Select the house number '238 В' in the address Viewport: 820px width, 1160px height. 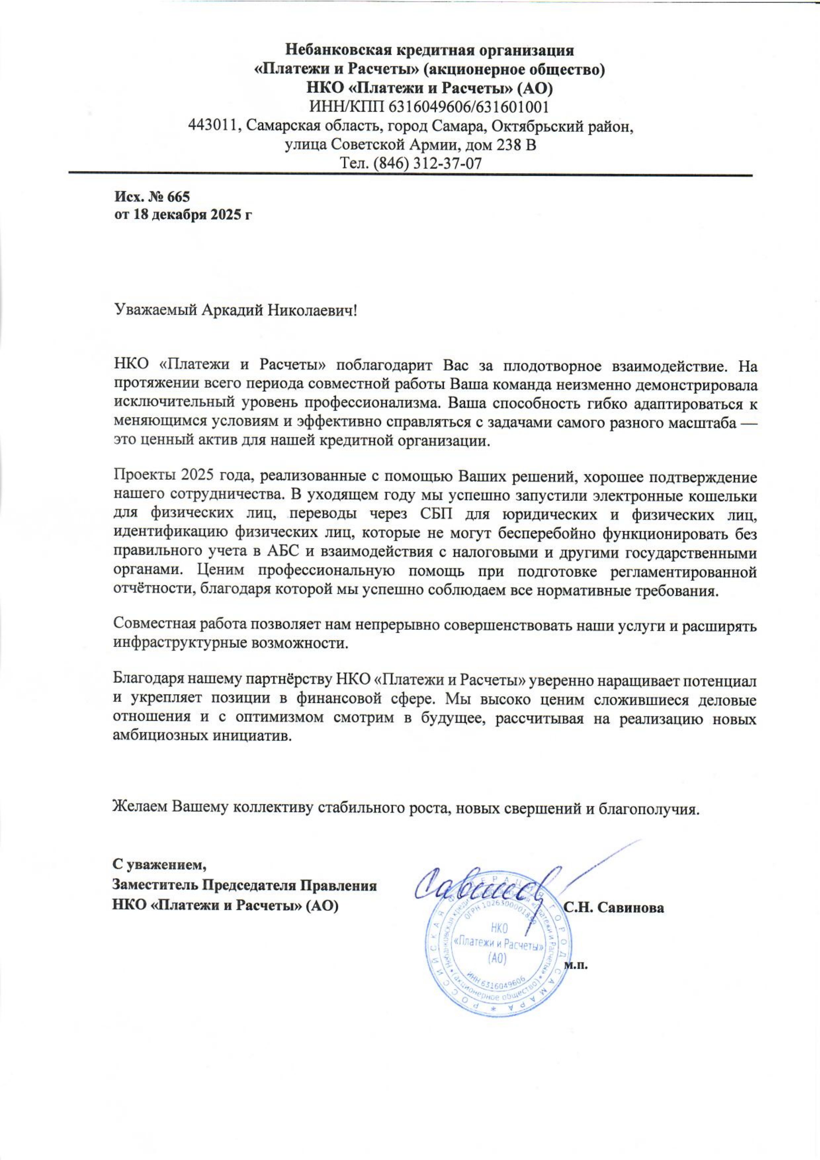click(x=513, y=145)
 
